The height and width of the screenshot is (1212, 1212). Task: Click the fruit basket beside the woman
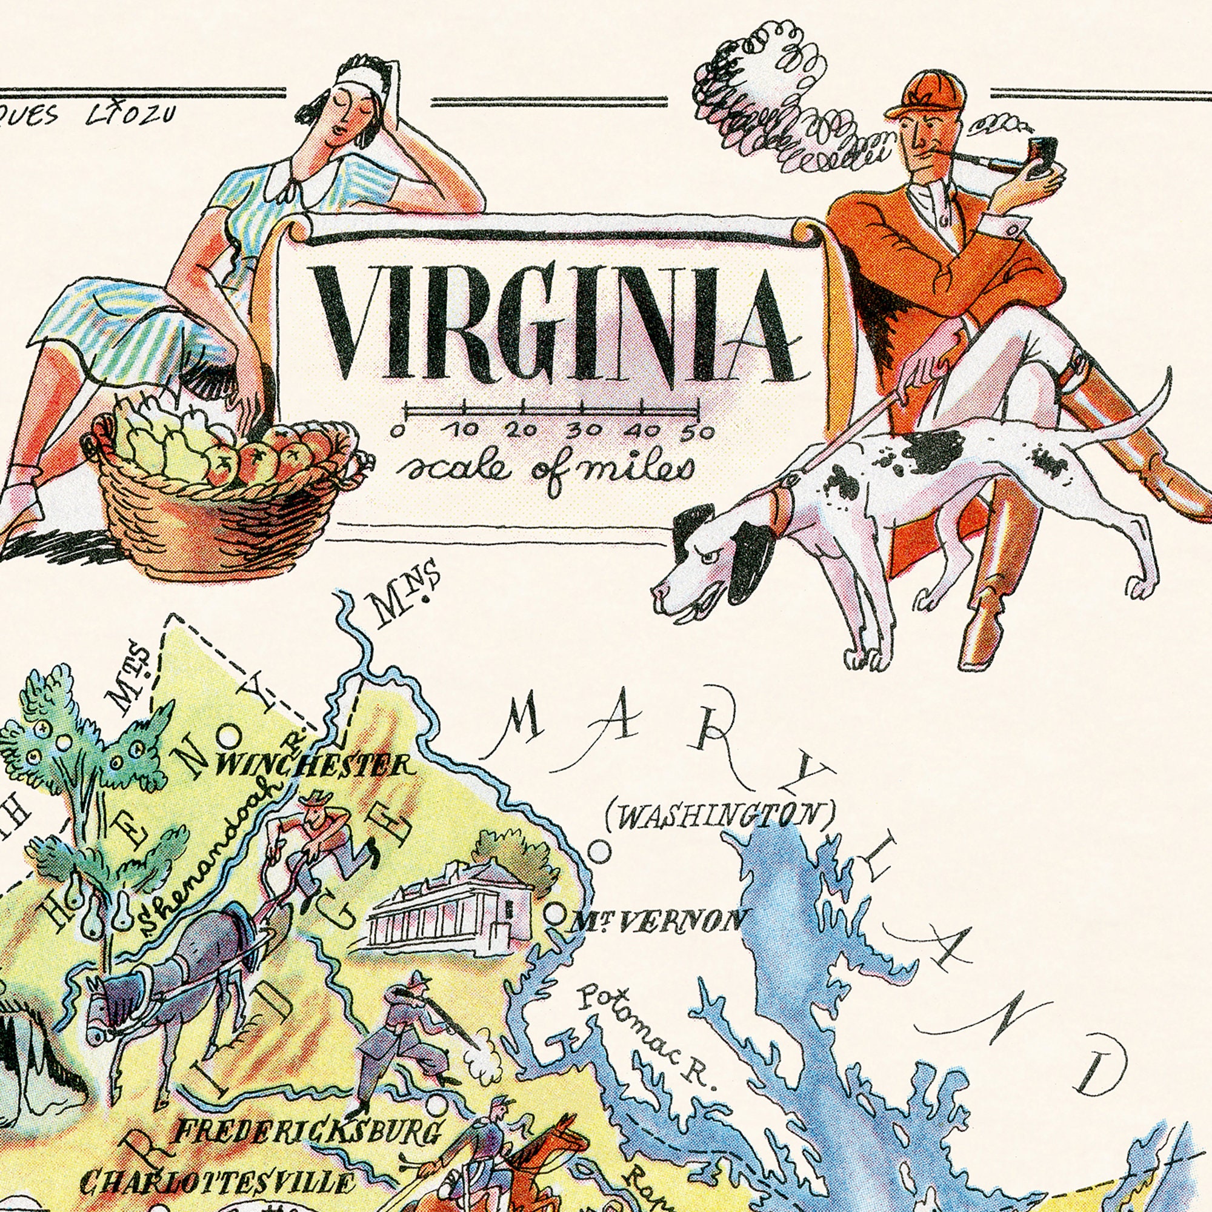tap(219, 496)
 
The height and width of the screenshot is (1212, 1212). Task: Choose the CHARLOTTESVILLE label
tap(216, 1182)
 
